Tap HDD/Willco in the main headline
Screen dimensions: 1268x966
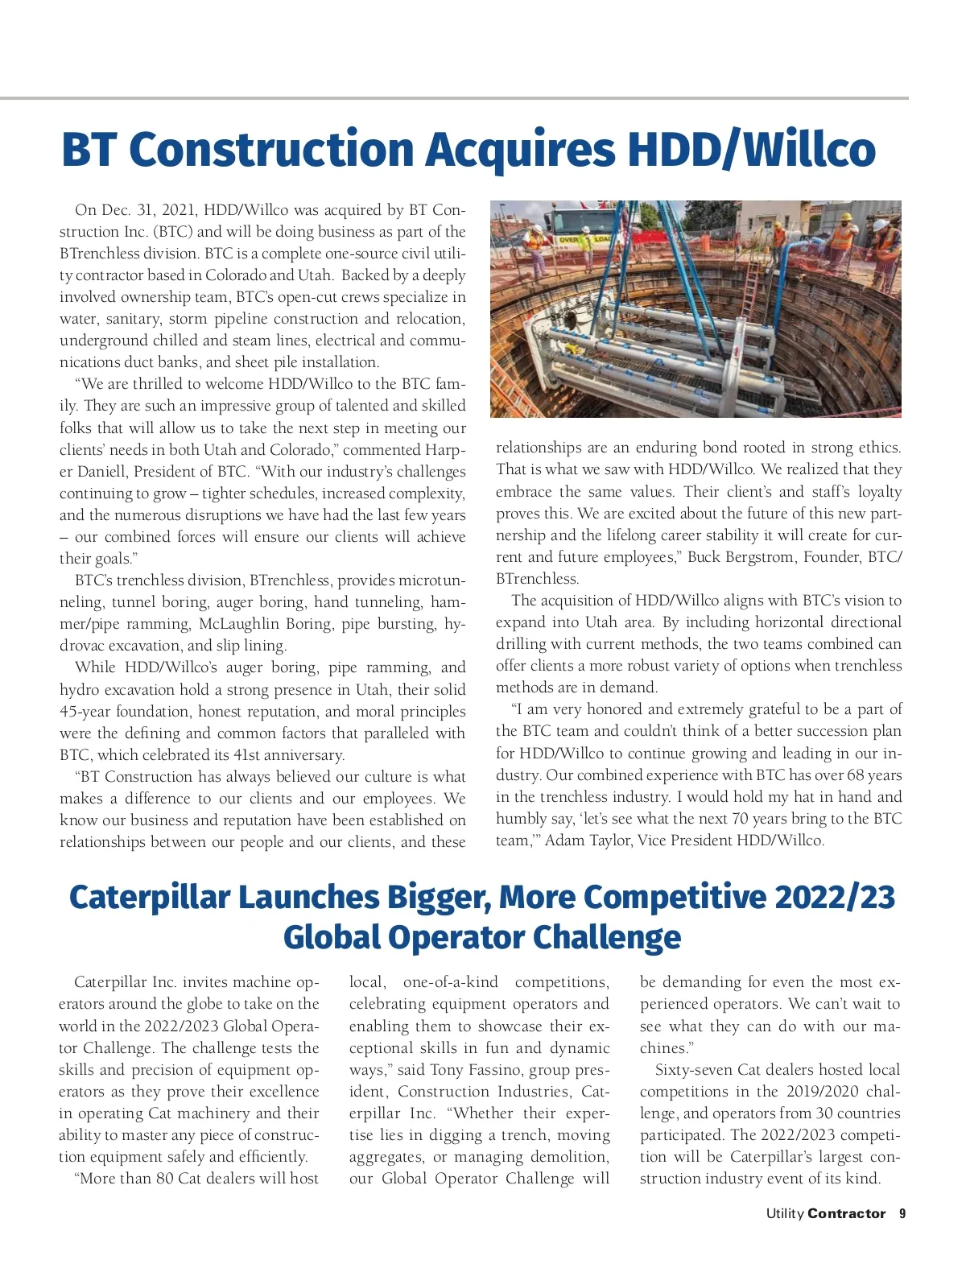tap(751, 151)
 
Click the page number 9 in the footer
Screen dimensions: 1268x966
tap(902, 1214)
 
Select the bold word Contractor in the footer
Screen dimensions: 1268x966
tap(846, 1214)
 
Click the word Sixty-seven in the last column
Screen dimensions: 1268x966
tap(692, 1070)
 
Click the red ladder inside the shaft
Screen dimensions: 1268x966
tap(750, 290)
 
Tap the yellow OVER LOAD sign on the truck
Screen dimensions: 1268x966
tap(586, 240)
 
